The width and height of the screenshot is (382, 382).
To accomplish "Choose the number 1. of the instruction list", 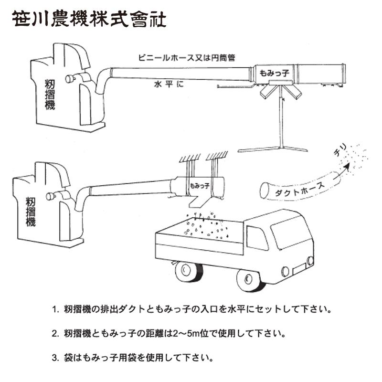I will (55, 309).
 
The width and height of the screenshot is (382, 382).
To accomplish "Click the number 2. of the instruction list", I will (55, 333).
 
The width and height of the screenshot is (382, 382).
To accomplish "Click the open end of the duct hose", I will (264, 190).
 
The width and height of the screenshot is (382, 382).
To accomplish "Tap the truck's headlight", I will (311, 261).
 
